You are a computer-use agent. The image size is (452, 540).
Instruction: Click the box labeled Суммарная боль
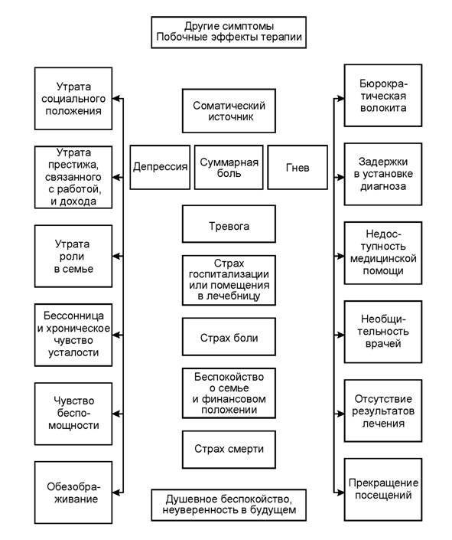point(229,168)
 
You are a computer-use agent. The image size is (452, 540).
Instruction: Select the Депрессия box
point(160,168)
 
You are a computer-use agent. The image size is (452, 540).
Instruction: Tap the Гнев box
point(298,168)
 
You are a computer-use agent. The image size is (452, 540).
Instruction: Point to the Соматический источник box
point(229,111)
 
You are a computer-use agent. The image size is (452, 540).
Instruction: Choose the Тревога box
point(229,224)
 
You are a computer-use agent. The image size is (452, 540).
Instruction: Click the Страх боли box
point(229,337)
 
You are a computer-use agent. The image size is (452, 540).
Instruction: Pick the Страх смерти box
point(229,450)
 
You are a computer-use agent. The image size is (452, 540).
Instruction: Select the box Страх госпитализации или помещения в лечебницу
point(229,280)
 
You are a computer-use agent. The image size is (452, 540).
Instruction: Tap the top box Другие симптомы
point(229,32)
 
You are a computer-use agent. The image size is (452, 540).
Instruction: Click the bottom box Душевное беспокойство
point(229,505)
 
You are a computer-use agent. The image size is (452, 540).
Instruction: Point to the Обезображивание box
point(73,493)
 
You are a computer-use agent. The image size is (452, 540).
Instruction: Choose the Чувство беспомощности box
point(73,414)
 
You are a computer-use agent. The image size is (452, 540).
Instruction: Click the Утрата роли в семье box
point(73,257)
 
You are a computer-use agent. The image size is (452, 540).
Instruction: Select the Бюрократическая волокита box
point(383,96)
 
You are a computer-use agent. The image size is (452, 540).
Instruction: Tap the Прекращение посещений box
point(383,489)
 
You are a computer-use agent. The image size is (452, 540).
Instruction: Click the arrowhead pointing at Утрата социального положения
point(117,99)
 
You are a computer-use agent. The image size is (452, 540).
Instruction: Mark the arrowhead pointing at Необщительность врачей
point(340,335)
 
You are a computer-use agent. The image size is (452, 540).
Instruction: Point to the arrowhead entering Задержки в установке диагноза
point(340,178)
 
